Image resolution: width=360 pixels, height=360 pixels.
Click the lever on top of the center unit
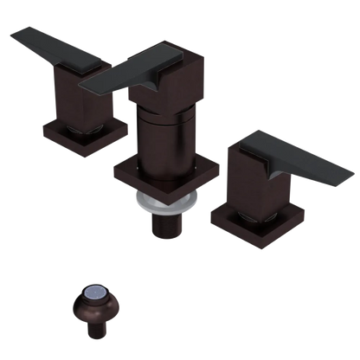point(130,69)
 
